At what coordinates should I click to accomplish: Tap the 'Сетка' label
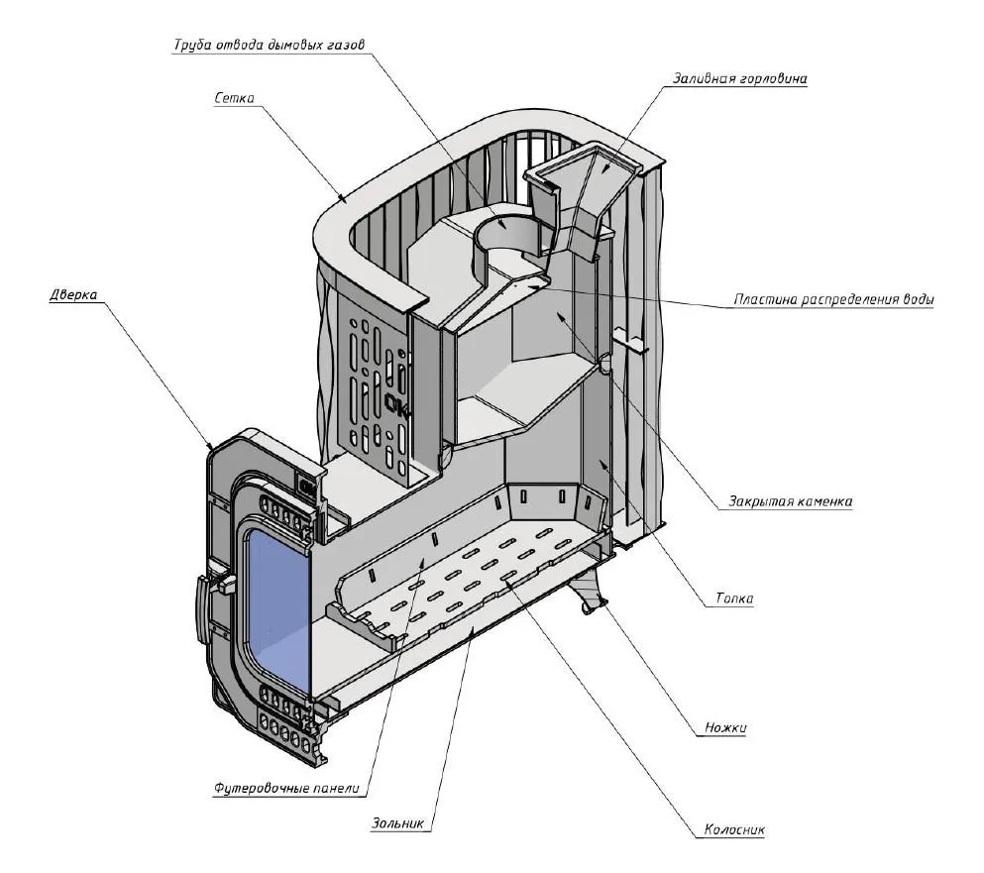click(235, 98)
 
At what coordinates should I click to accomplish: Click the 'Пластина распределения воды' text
click(832, 299)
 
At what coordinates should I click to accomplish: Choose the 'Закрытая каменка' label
click(786, 501)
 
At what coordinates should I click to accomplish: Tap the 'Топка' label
click(734, 599)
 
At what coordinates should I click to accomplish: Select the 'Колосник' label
click(734, 830)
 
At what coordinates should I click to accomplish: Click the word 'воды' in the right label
click(913, 299)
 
